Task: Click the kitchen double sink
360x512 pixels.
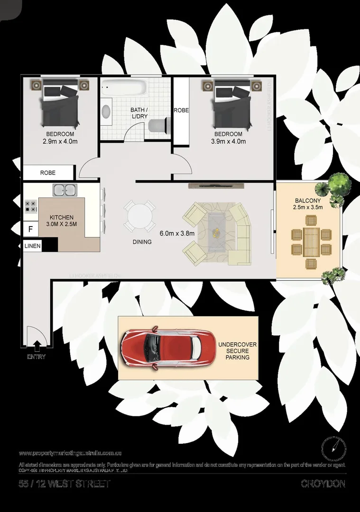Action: click(65, 190)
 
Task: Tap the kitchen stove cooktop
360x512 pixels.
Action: click(31, 206)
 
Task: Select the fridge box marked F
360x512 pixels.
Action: click(30, 229)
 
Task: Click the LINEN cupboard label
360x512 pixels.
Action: click(32, 246)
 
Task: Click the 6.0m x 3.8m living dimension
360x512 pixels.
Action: click(175, 233)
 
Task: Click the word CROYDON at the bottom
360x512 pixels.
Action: click(323, 484)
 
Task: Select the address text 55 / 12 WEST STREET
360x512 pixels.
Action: click(64, 484)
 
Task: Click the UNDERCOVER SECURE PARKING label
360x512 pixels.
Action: click(233, 351)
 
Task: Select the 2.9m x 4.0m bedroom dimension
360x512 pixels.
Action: click(60, 141)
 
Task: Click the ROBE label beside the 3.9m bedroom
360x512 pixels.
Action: click(181, 110)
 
